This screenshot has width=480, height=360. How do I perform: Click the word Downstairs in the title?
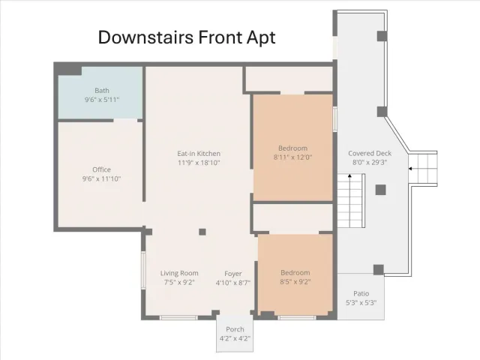point(145,37)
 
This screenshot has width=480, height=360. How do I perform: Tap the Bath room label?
point(102,91)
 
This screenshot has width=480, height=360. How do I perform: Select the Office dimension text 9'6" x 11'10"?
point(102,178)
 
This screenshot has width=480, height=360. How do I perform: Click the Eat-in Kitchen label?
point(199,154)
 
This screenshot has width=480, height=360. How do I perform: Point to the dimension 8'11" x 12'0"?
point(293,157)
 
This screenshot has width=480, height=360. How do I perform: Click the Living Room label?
point(179,273)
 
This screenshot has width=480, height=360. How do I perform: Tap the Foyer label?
point(233,274)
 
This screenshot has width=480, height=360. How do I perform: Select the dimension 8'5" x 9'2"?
point(295,282)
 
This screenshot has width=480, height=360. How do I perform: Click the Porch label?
point(235,329)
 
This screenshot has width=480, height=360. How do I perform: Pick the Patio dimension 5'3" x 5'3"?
point(361,303)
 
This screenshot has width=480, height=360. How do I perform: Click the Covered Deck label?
point(370,153)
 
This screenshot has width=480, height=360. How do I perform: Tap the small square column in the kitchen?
point(202,232)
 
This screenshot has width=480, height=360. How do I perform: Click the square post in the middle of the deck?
point(380,190)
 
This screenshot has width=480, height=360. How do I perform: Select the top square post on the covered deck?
point(382,36)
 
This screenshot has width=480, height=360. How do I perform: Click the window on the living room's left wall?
point(143,270)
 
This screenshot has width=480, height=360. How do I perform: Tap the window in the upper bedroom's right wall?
point(335,119)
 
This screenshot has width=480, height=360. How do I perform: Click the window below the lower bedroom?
point(297,318)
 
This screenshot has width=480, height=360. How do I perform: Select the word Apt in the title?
point(261,38)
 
